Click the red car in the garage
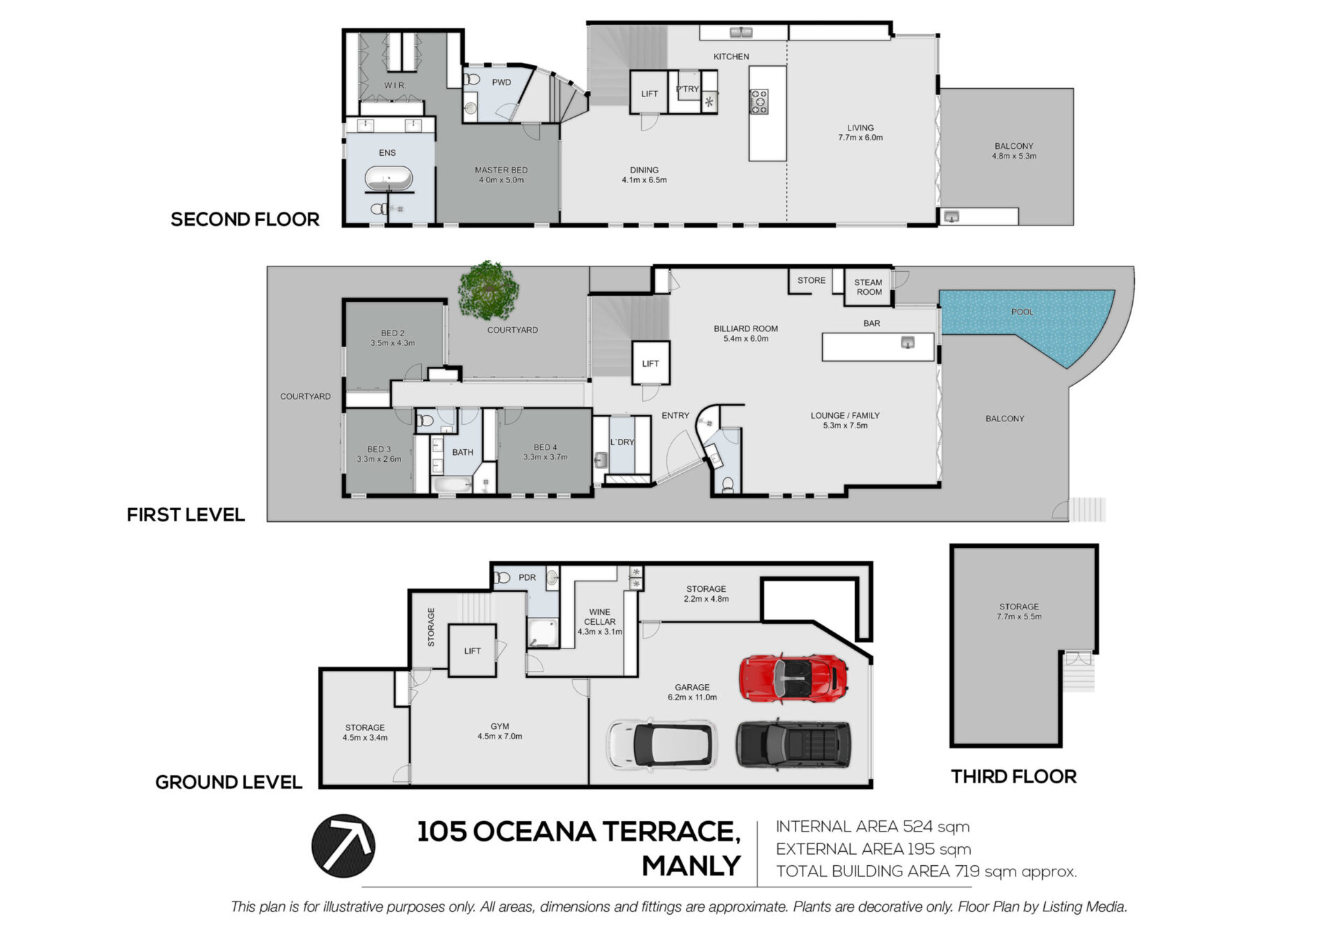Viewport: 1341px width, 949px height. tap(793, 677)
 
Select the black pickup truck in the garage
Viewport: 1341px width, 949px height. tap(793, 744)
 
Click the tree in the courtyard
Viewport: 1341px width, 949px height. tap(489, 291)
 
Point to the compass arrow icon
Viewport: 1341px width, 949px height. tap(343, 846)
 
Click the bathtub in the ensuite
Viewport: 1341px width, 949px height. tap(388, 179)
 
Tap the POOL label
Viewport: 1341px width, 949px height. tap(1022, 312)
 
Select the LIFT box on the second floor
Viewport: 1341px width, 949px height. tap(649, 92)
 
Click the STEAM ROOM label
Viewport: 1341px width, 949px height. tap(869, 287)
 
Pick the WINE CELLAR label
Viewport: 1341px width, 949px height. tap(599, 616)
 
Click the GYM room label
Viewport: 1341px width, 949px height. tap(499, 726)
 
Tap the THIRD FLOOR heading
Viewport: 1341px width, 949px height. tap(1013, 776)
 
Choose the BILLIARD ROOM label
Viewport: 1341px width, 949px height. tap(745, 328)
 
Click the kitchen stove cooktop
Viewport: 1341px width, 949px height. tap(759, 101)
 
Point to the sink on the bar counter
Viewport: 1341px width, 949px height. tap(907, 342)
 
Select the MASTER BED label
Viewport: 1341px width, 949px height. tap(501, 170)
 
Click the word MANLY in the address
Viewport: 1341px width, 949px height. tap(691, 866)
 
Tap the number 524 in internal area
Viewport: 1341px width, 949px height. tap(918, 827)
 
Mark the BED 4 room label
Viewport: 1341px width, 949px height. tap(545, 447)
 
